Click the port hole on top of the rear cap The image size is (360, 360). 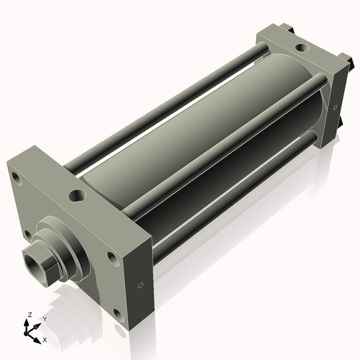click(x=301, y=49)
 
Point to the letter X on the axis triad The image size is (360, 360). click(x=45, y=338)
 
